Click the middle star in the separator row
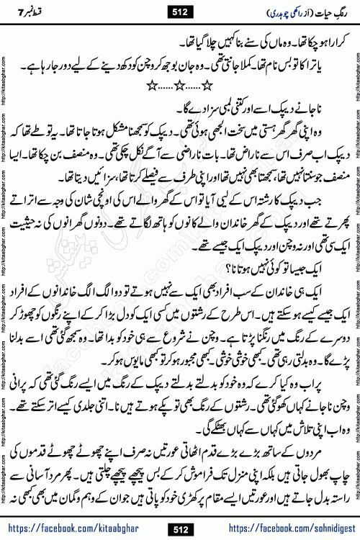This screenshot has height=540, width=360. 180,87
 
